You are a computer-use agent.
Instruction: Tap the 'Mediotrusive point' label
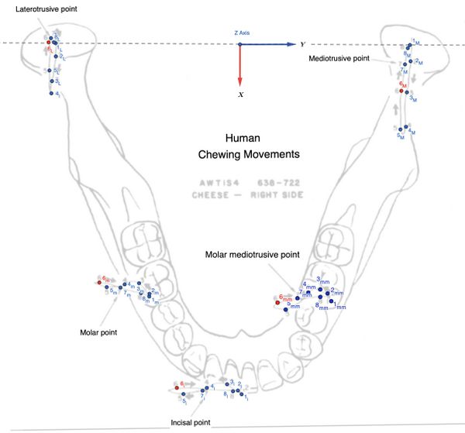click(x=338, y=58)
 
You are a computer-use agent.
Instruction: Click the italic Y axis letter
click(x=302, y=45)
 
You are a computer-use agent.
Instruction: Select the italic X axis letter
click(x=241, y=94)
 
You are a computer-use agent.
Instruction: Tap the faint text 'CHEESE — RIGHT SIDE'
click(x=246, y=195)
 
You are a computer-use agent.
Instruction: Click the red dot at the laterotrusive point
click(x=48, y=53)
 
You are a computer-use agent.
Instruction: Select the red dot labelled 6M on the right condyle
click(x=401, y=90)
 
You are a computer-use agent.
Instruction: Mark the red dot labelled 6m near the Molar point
click(x=99, y=283)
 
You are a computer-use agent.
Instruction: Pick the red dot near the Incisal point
click(x=176, y=388)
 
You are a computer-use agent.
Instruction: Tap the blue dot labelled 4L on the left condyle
click(x=50, y=94)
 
